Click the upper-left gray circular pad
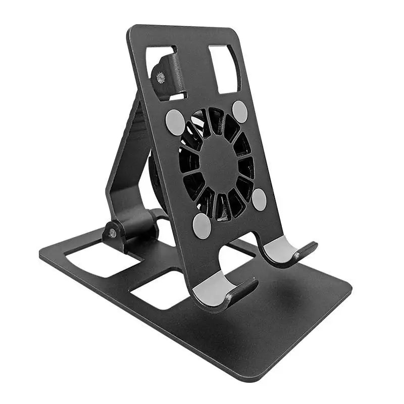[175, 122]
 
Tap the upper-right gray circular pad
[240, 112]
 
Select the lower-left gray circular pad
[202, 226]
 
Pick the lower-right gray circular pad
[259, 200]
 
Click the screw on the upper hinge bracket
[161, 77]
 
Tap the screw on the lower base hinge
[112, 233]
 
